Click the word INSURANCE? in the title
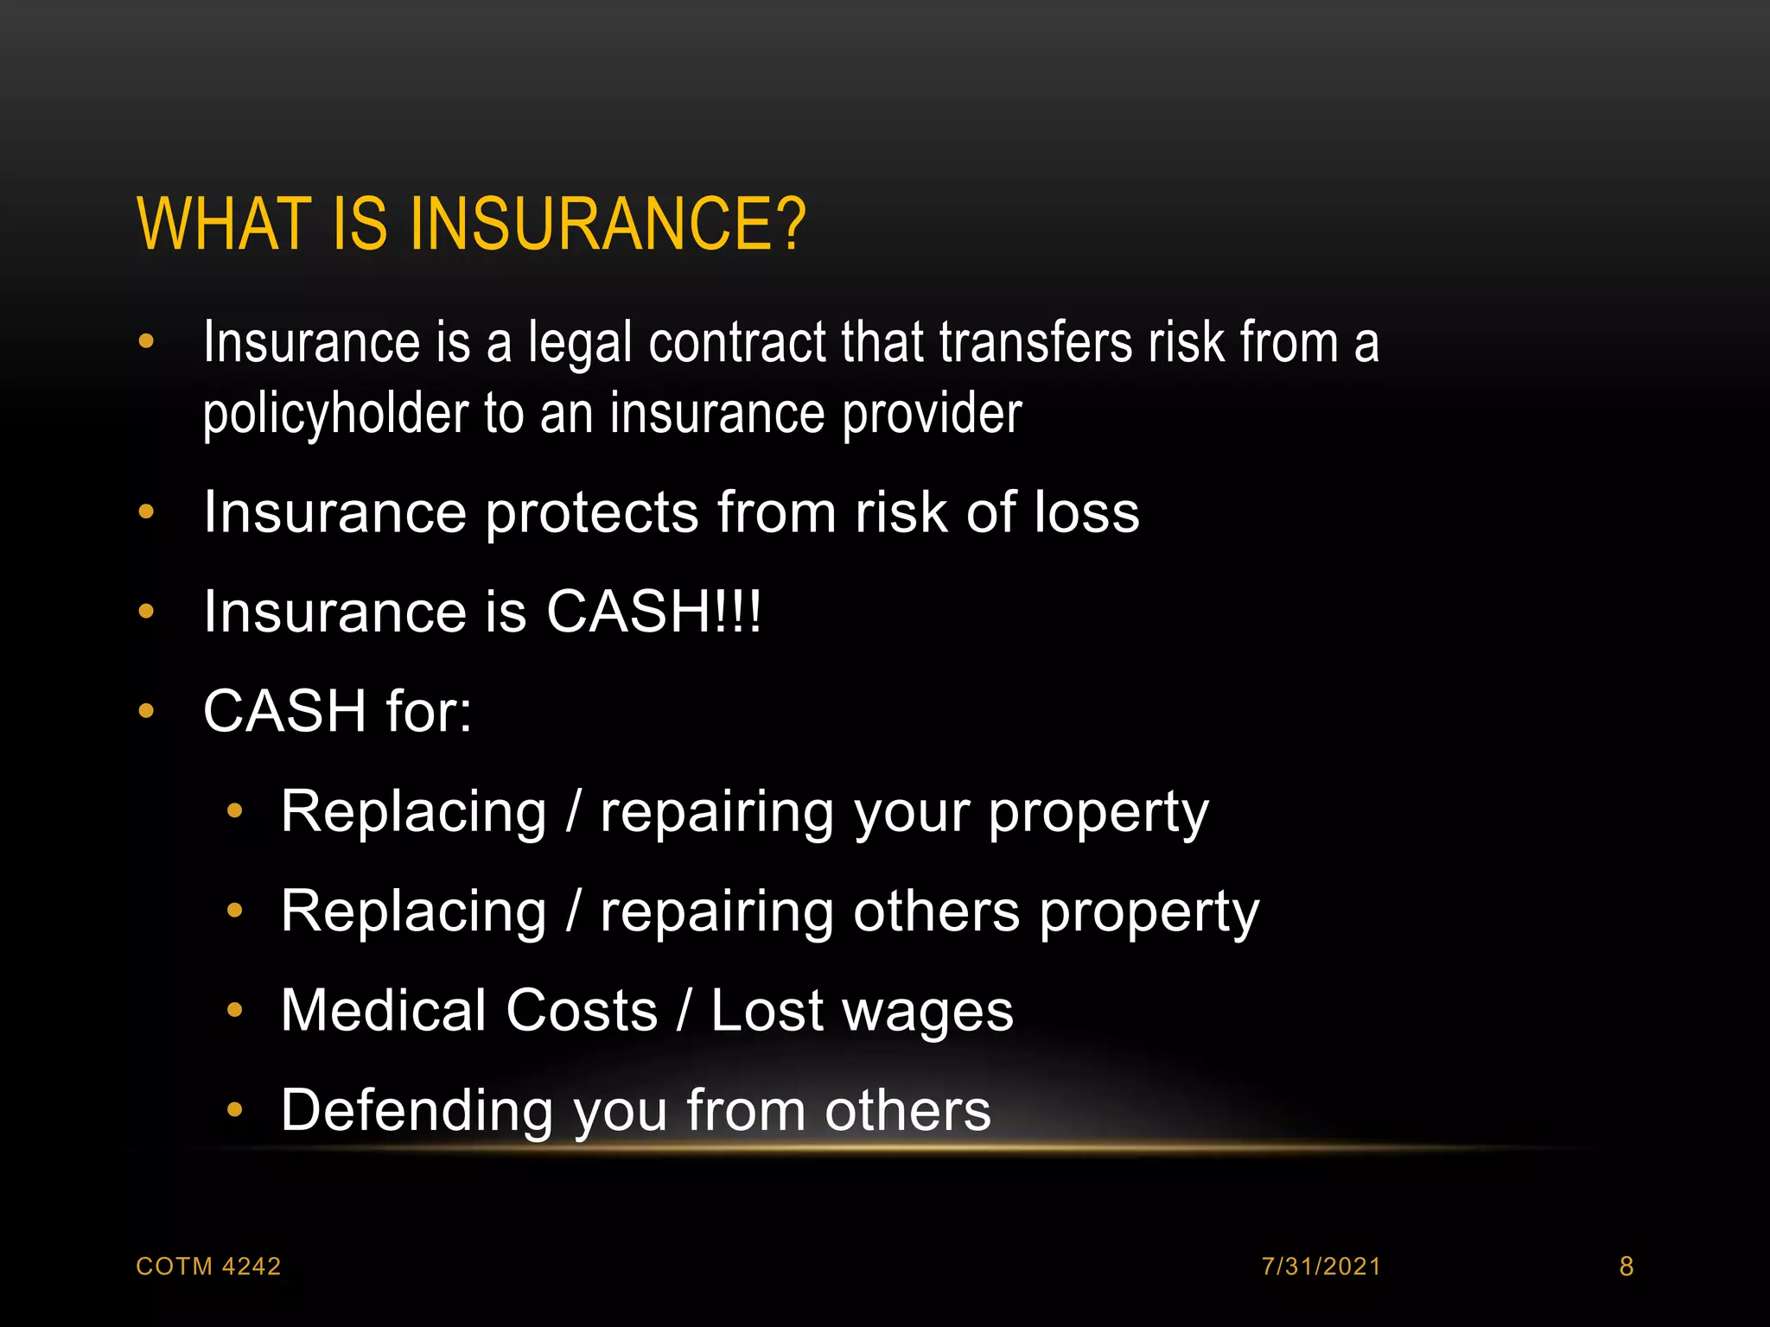pyautogui.click(x=608, y=224)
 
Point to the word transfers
pyautogui.click(x=1035, y=343)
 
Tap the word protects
pyautogui.click(x=592, y=514)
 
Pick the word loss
pyautogui.click(x=1086, y=512)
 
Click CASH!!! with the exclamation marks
pyautogui.click(x=654, y=613)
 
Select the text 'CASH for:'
pyautogui.click(x=338, y=712)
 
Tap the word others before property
pyautogui.click(x=937, y=911)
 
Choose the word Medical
pyautogui.click(x=384, y=1011)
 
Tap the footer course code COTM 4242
pyautogui.click(x=209, y=1267)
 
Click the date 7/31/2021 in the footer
pyautogui.click(x=1321, y=1267)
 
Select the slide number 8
pyautogui.click(x=1626, y=1267)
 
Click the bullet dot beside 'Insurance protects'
pyautogui.click(x=146, y=512)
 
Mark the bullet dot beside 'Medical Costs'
pyautogui.click(x=234, y=1010)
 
